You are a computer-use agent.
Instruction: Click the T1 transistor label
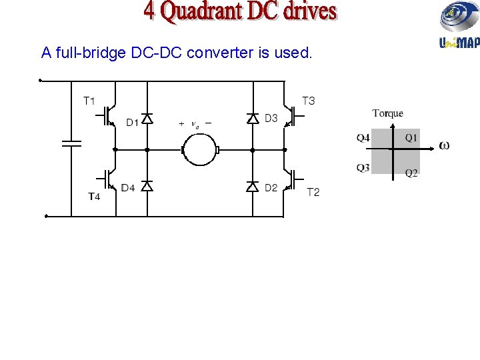pos(89,101)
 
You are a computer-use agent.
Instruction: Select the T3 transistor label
pos(308,101)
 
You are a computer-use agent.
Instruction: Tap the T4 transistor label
pos(94,196)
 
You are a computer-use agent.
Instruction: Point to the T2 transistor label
pos(313,192)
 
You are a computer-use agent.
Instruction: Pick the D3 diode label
pos(271,119)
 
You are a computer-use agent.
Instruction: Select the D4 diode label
pos(128,188)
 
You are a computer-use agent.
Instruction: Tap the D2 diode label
pos(271,188)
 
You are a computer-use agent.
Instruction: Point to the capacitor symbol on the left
pos(71,142)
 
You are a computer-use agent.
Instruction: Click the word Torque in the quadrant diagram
pos(387,113)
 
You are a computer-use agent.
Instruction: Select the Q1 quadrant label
pos(412,138)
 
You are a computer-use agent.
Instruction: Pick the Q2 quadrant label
pos(412,173)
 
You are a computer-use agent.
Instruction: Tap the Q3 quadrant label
pos(363,168)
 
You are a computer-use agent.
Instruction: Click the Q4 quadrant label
pos(363,138)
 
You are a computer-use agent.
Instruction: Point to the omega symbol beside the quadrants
pos(444,146)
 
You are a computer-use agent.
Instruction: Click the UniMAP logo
pos(459,26)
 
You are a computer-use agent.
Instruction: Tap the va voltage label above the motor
pos(195,125)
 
